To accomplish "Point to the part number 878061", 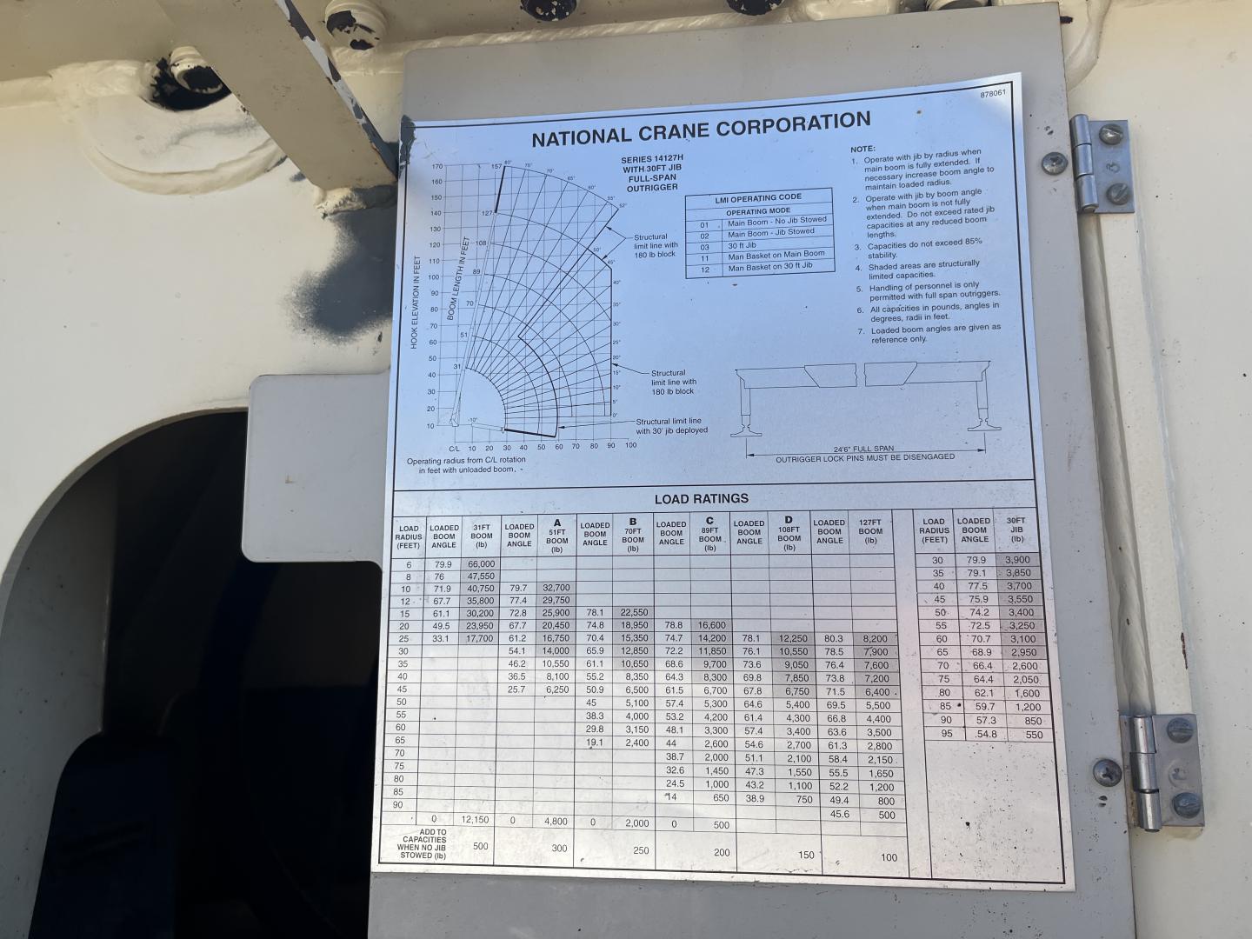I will tap(996, 95).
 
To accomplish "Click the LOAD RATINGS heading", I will tap(701, 499).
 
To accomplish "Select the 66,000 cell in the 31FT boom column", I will tap(481, 563).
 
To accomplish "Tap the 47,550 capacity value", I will tap(481, 576).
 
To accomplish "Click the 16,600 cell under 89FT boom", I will tap(710, 625).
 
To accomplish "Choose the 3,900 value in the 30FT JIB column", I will tap(1017, 560).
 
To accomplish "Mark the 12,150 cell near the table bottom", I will tap(476, 819).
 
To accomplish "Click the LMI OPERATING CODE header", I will tap(758, 198).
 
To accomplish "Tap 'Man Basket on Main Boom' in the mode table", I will tap(776, 256).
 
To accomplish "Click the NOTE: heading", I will tap(862, 149).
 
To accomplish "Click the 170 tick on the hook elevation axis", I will tap(437, 166).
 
